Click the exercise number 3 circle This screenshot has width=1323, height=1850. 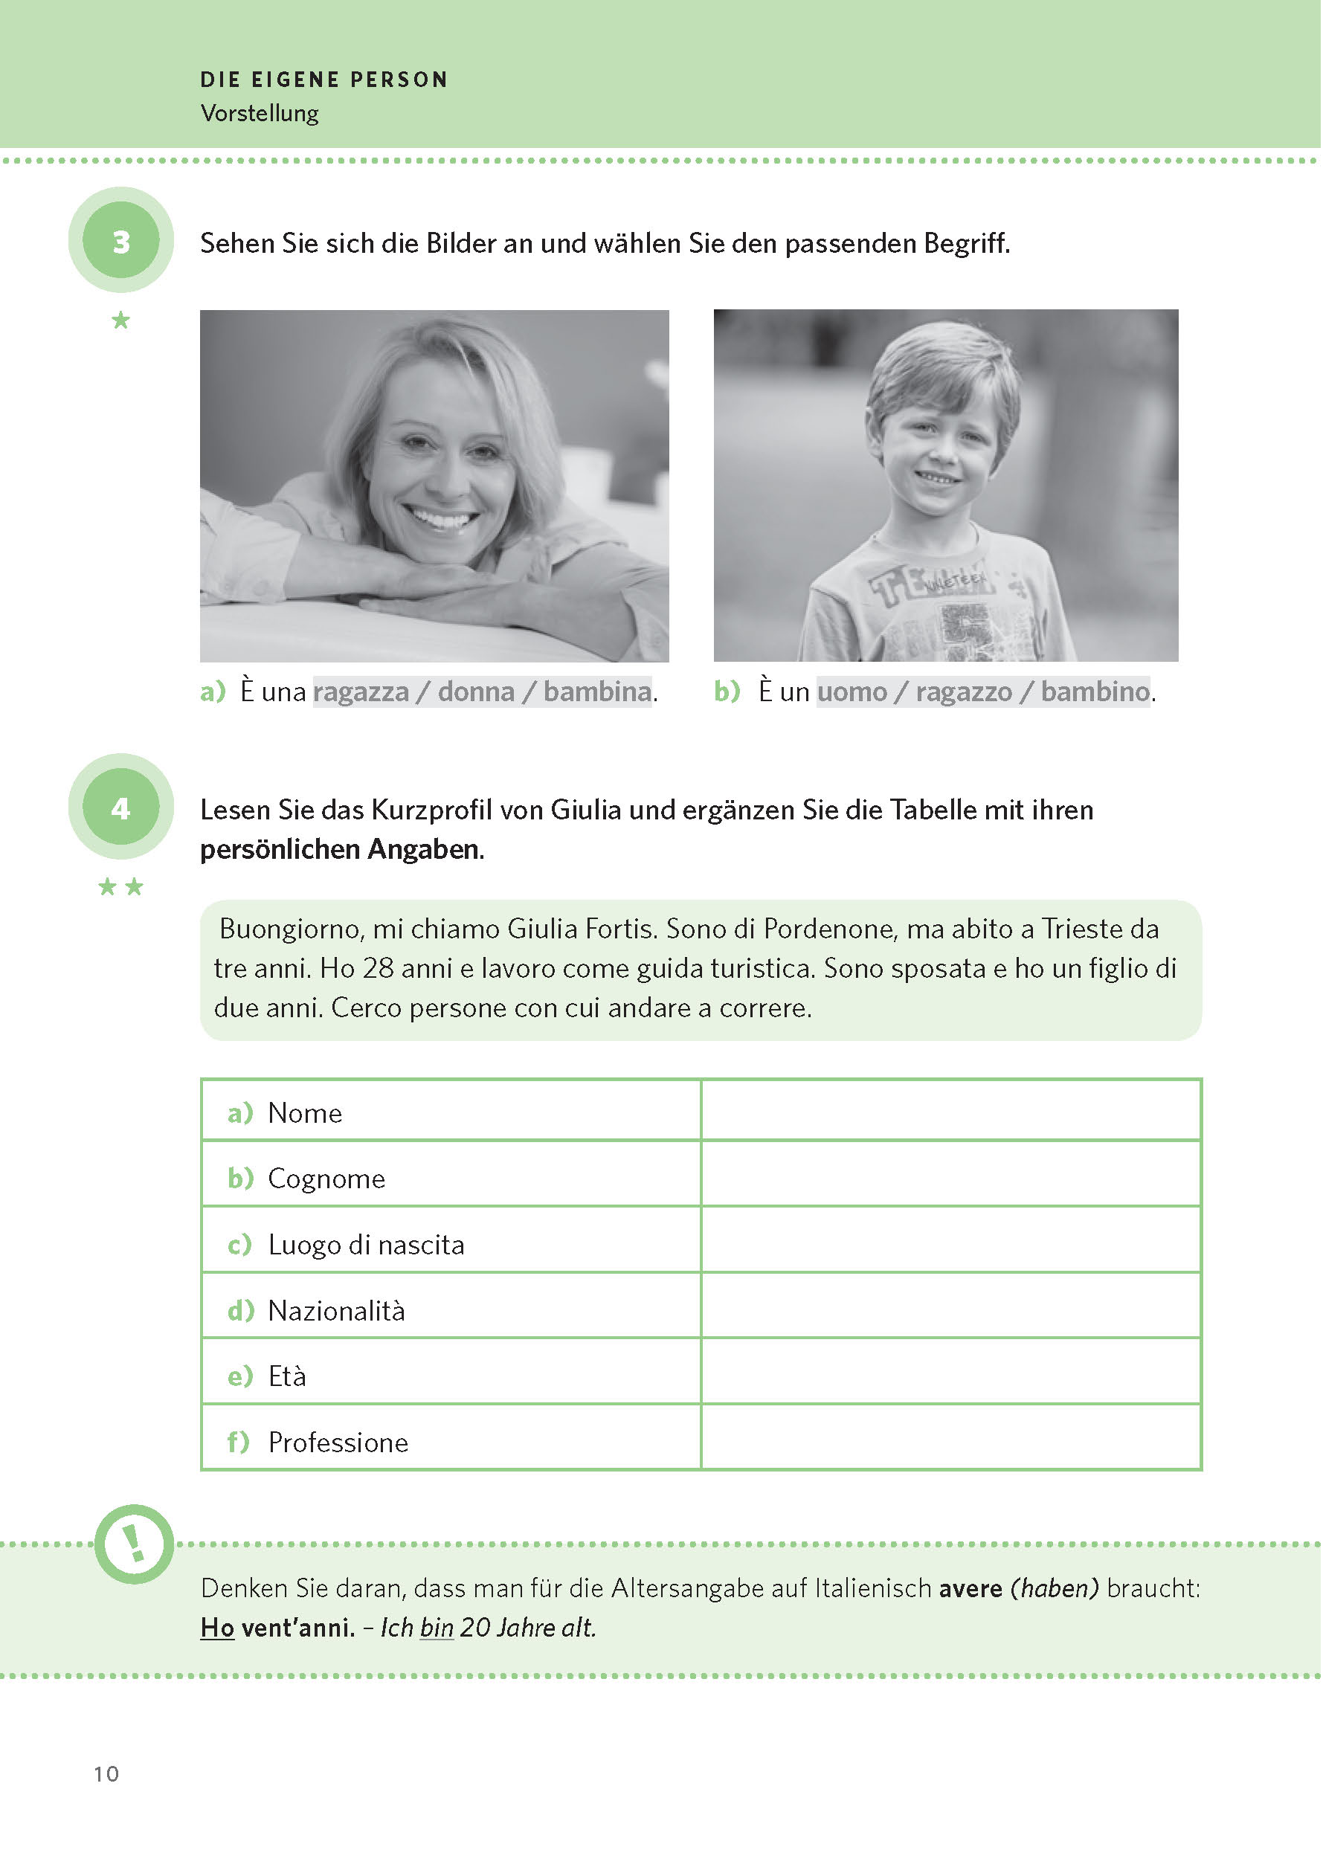[x=120, y=240]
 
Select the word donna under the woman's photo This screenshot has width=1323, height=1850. [x=476, y=692]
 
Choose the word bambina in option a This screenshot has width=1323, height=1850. [x=597, y=692]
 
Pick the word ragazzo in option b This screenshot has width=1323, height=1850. [x=964, y=692]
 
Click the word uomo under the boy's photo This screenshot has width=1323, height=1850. [x=852, y=692]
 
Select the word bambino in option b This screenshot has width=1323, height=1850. [x=1095, y=692]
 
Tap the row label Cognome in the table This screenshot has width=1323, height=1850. [x=326, y=1178]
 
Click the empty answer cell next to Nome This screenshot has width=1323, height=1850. [x=950, y=1111]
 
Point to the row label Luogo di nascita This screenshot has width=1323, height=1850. [x=366, y=1244]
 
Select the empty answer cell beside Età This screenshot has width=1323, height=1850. [x=950, y=1375]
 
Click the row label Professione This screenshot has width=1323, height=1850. [x=338, y=1442]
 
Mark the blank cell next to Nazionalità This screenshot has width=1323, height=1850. [x=950, y=1309]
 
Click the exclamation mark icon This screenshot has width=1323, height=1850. [x=134, y=1543]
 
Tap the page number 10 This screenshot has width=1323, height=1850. [x=106, y=1773]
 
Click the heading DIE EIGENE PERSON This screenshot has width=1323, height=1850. [x=324, y=80]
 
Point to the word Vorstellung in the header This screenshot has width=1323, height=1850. [x=259, y=113]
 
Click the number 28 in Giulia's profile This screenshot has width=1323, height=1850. [x=378, y=968]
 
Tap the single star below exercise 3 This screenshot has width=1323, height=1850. [x=120, y=320]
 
